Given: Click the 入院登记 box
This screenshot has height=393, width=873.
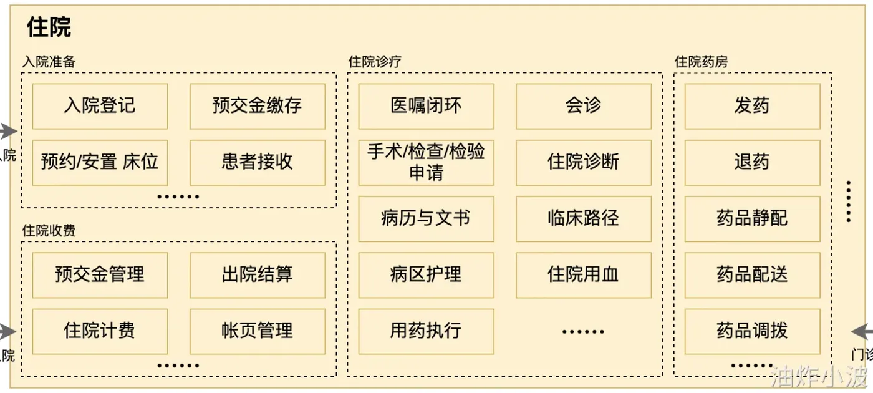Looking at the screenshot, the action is tap(100, 106).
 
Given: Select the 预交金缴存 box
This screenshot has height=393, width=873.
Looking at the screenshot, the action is tap(258, 106).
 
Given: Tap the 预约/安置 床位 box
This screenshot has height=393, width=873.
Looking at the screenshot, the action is tap(100, 162).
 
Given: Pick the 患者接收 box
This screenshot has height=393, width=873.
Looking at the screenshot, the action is tap(258, 162).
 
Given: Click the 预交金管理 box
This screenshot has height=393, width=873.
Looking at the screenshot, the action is tap(100, 274).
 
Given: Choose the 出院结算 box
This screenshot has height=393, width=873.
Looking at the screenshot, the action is tap(258, 274).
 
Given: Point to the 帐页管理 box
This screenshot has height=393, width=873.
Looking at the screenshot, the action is tap(258, 331).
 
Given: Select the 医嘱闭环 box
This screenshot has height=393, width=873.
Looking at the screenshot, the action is tap(426, 106).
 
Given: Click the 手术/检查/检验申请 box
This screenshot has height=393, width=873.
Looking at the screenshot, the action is tap(426, 162).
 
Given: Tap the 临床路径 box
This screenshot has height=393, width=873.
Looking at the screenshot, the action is tap(584, 218).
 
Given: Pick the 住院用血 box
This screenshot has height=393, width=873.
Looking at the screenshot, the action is tap(584, 274).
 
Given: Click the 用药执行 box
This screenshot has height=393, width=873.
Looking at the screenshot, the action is tap(426, 331).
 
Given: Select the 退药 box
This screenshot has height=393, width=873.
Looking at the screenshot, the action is tap(752, 162).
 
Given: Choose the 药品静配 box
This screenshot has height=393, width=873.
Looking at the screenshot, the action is tap(752, 218).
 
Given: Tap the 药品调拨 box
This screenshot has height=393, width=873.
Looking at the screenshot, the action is tap(752, 331).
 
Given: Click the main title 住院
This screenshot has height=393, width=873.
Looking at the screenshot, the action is tap(49, 27).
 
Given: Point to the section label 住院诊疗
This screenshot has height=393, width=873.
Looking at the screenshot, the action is tap(375, 62).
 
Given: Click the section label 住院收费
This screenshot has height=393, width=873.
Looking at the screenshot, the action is tap(49, 231).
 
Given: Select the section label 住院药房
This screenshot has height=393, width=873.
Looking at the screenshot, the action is tap(701, 62).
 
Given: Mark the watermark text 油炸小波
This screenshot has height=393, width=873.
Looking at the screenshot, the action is tap(819, 377).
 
